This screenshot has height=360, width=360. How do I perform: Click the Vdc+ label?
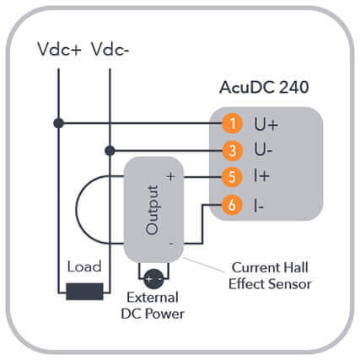pos(59,50)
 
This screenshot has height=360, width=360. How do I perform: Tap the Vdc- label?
pos(110,50)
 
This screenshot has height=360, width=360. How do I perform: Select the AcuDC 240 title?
pos(264,87)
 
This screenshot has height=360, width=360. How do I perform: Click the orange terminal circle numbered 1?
pos(233,123)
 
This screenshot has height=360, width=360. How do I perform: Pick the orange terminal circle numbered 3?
pos(233,150)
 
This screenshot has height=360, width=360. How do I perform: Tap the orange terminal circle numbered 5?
pos(232,177)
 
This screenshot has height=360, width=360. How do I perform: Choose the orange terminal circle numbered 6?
pos(232,205)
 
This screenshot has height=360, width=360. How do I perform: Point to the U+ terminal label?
pos(266,124)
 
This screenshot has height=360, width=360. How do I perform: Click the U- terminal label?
pos(263,149)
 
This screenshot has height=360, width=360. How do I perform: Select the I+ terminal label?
pos(261,176)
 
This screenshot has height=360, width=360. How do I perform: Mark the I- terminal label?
pos(259,206)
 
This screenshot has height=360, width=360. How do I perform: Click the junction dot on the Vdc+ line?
pos(59,123)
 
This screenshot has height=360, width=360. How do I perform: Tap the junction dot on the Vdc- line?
pos(110,151)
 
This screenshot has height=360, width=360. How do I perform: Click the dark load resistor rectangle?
pos(84,292)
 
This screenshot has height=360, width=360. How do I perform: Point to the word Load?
pos(84,266)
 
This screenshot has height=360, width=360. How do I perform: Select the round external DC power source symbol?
pos(153,279)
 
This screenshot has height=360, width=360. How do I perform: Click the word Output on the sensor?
pos(153,210)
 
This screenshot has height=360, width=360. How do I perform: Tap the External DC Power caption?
pos(153,305)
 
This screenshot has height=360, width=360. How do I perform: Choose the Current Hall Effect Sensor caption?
pos(270,276)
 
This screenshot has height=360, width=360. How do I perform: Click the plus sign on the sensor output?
pos(171,177)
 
